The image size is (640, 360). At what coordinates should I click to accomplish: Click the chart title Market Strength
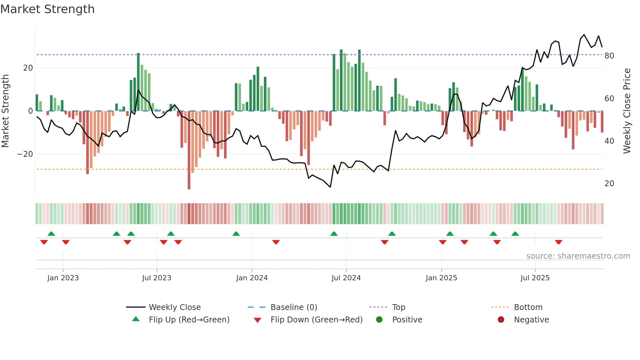point(47,9)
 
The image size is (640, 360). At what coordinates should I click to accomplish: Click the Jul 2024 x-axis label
point(346,278)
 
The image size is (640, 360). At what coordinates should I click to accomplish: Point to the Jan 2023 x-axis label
point(63,278)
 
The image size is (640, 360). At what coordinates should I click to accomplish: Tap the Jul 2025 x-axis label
point(535,278)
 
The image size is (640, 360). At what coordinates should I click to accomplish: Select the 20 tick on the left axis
point(28,68)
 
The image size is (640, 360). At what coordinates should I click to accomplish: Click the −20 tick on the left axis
point(25,154)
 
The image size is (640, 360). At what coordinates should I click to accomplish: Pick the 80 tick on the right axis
point(609,56)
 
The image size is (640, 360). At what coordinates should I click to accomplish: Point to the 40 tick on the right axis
point(609,141)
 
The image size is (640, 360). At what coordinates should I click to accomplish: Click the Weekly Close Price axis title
point(627,111)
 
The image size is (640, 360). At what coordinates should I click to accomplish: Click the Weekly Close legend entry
point(175,307)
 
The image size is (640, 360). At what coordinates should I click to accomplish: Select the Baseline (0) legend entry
point(294,307)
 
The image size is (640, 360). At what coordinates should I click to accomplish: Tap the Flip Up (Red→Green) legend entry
point(189,320)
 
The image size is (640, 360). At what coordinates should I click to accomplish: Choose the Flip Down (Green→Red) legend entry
point(316,320)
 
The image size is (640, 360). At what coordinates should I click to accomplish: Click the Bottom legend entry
point(528,307)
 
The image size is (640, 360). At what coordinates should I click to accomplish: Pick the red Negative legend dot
point(501,320)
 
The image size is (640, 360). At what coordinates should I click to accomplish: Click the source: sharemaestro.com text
point(578,256)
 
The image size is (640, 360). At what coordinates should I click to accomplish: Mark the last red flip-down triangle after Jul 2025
point(558,242)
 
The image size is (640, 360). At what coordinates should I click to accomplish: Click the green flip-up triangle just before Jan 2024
point(236,234)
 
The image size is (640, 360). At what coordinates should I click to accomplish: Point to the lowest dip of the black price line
point(330,187)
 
